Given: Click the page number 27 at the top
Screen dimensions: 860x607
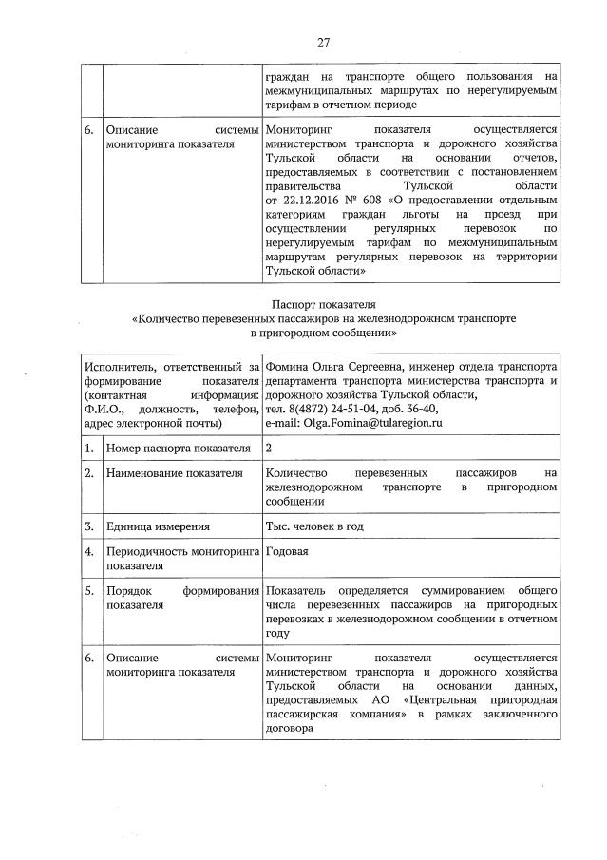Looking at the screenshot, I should click(323, 42).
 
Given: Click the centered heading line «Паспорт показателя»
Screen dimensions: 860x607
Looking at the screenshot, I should click(323, 302).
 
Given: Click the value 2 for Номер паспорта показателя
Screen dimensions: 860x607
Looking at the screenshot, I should click(271, 447).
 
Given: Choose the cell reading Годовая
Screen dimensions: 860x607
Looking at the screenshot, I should click(290, 551).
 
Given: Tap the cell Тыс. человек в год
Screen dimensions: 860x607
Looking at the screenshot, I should click(315, 526).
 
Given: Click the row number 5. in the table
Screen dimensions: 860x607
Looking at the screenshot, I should click(89, 590).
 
